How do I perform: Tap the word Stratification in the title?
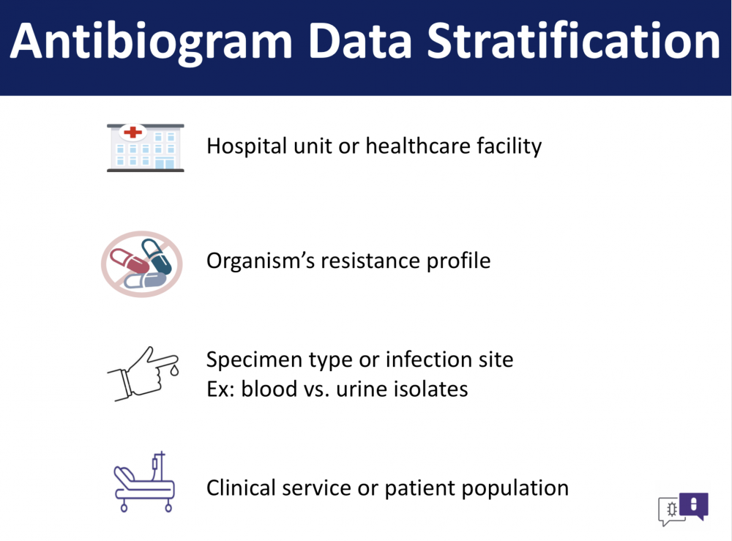click(573, 41)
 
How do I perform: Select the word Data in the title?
click(359, 41)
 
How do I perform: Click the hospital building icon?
click(145, 148)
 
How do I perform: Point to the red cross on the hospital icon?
click(133, 132)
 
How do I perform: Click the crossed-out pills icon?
click(142, 264)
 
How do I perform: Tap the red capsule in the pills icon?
click(130, 261)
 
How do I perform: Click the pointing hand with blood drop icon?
click(143, 374)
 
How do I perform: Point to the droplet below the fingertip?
click(174, 370)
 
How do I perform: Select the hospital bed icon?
click(145, 482)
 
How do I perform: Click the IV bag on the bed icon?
click(154, 463)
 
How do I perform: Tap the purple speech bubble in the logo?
click(694, 506)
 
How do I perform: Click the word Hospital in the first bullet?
click(247, 146)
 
